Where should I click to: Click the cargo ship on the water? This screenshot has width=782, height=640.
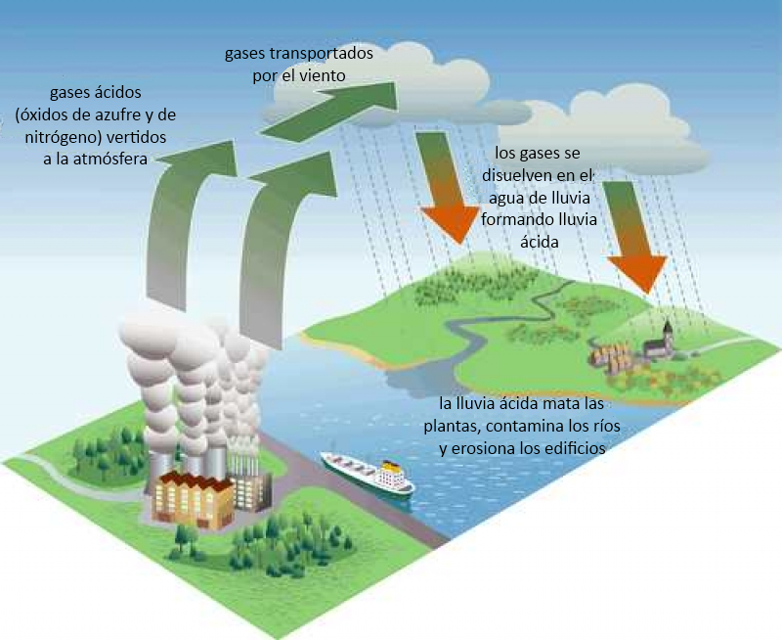click(x=368, y=475)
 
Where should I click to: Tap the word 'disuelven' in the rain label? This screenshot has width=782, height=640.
click(x=518, y=175)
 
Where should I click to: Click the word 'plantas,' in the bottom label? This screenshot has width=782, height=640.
click(x=453, y=427)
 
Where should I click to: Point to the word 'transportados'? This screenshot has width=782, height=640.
click(x=321, y=53)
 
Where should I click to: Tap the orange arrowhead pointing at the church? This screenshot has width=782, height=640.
click(x=638, y=273)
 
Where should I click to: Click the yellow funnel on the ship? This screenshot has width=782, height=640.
click(x=392, y=466)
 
